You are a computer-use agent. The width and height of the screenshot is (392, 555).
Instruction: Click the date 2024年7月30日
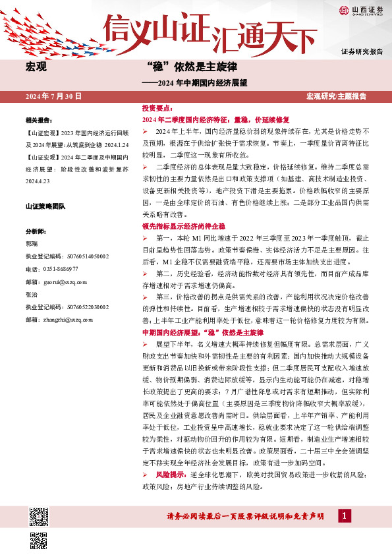53,96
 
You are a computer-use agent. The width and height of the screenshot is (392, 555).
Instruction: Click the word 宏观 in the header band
35,67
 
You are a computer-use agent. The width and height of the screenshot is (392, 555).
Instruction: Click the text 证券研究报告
362,51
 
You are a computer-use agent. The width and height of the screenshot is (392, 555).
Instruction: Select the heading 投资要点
157,107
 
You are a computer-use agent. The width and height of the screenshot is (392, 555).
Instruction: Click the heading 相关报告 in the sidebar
39,121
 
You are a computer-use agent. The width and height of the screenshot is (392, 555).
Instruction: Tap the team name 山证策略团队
46,207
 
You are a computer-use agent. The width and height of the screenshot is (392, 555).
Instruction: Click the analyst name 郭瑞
32,244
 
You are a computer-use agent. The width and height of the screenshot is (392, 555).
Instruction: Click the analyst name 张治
32,295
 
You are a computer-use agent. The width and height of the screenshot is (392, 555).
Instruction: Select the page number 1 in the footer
343,516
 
